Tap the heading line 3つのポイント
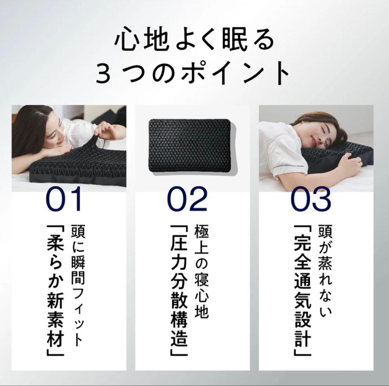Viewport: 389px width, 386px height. tap(194, 73)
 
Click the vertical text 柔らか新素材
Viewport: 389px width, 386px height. tap(55, 290)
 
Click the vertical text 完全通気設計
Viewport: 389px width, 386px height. tap(302, 290)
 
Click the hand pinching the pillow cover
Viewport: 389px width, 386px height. tap(104, 129)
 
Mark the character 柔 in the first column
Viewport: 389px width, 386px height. tap(55, 245)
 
